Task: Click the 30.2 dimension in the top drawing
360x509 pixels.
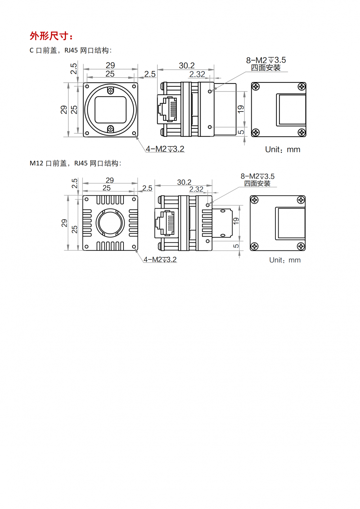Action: (x=186, y=65)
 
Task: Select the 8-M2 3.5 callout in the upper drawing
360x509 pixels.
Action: (x=266, y=60)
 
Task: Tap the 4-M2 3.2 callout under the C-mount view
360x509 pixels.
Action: (x=165, y=149)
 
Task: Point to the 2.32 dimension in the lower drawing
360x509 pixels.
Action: (x=196, y=189)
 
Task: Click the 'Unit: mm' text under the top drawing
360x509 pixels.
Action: (x=283, y=150)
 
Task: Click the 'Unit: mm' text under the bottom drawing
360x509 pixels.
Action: (x=285, y=260)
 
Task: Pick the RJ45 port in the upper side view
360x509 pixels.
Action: (x=167, y=110)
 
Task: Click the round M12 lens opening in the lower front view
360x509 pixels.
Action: (x=110, y=223)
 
